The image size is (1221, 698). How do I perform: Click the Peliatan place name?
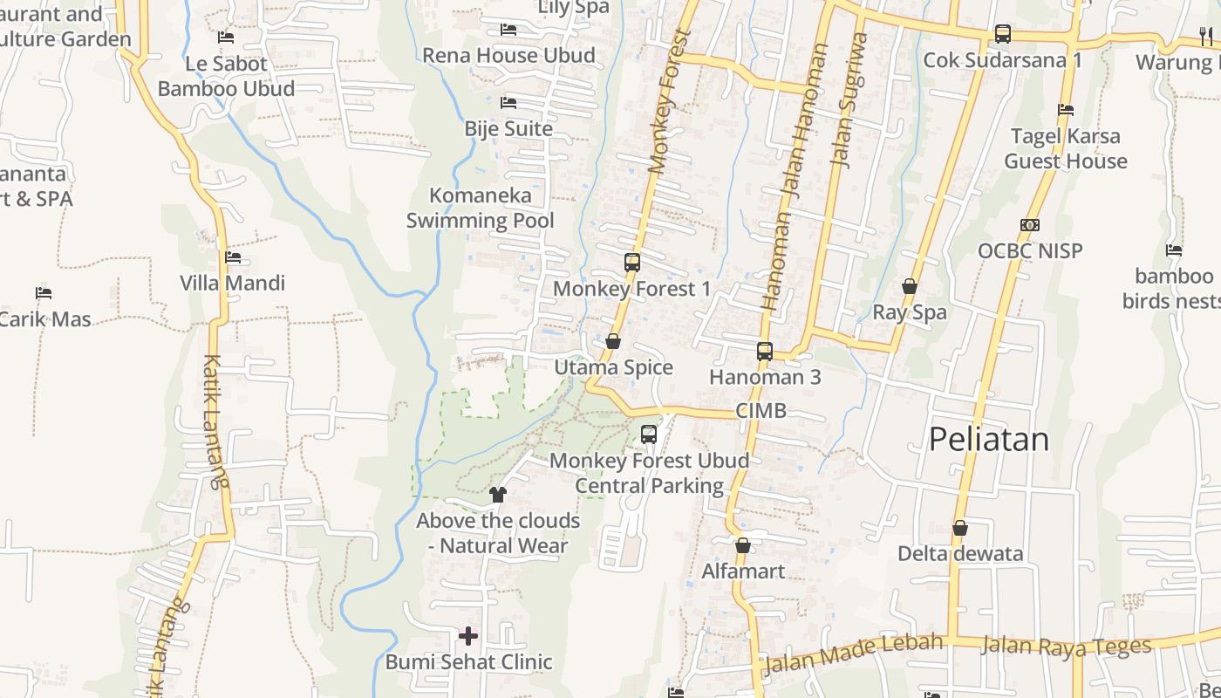(988, 439)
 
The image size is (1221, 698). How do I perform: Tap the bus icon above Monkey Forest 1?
(632, 262)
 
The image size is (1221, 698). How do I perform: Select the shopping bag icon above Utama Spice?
(613, 341)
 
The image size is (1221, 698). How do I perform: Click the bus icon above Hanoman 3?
(765, 352)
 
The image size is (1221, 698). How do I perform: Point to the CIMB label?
(761, 410)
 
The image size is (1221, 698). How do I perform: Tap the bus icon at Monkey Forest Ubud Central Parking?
(649, 434)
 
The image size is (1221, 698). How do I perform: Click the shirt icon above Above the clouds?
(498, 495)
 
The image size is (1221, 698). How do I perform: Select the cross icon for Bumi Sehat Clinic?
(468, 635)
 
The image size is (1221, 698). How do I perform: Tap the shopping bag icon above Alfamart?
(743, 545)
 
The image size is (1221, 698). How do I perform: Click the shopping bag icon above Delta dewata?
(960, 528)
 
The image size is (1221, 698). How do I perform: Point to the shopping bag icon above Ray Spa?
(910, 286)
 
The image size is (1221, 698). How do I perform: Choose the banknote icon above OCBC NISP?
(1030, 225)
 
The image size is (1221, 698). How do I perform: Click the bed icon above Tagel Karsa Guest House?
(1066, 110)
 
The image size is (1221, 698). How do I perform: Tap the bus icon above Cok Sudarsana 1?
(1003, 34)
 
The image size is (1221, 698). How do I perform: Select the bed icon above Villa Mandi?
(233, 257)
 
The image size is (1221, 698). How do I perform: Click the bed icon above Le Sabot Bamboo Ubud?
(226, 38)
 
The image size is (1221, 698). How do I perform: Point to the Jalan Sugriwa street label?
(849, 99)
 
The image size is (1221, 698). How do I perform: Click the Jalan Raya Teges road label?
(1066, 646)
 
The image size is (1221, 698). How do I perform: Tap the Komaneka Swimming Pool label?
(481, 208)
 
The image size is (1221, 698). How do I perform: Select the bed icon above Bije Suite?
(508, 103)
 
